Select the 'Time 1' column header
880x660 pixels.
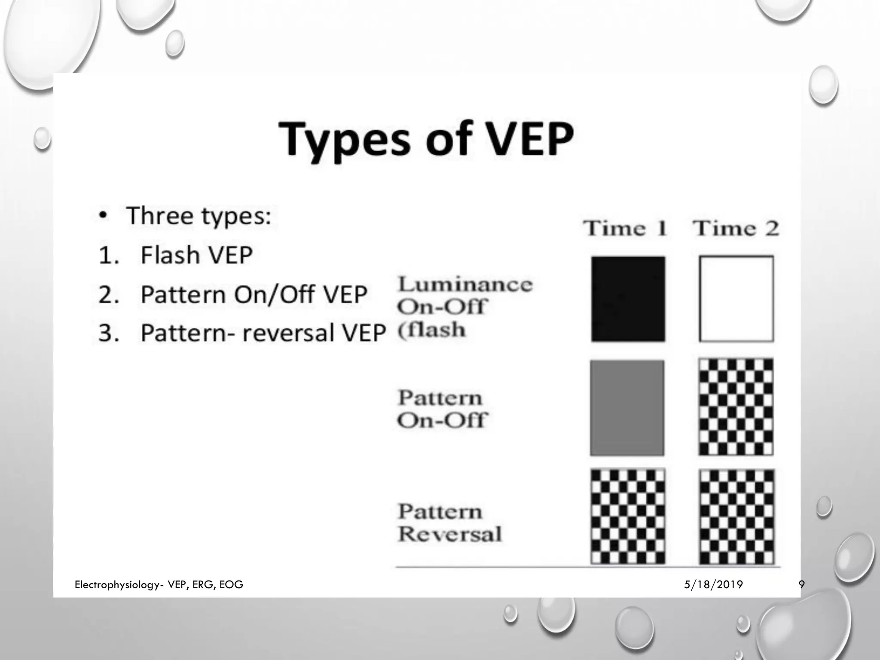click(x=625, y=228)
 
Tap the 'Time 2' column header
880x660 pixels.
click(x=736, y=228)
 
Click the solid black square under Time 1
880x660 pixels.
click(x=628, y=299)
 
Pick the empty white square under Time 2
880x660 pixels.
click(x=736, y=299)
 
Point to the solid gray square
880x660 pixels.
click(x=627, y=408)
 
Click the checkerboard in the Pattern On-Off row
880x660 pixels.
click(x=736, y=407)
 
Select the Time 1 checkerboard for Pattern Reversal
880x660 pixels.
click(x=628, y=516)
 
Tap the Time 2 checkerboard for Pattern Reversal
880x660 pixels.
click(x=736, y=516)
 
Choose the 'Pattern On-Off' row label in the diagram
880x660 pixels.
click(x=442, y=409)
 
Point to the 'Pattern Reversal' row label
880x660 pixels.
click(x=449, y=523)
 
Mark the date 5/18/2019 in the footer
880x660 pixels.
click(x=713, y=584)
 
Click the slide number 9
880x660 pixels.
click(x=801, y=584)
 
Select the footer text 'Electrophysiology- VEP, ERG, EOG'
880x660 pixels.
click(x=159, y=584)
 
